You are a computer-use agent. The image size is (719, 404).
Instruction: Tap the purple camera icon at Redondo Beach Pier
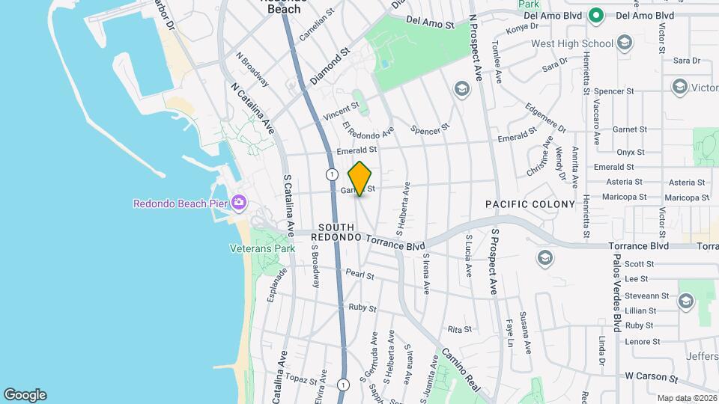click(x=239, y=202)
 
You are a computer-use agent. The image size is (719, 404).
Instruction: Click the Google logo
click(x=25, y=395)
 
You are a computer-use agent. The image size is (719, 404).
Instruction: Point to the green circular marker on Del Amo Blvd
click(x=596, y=15)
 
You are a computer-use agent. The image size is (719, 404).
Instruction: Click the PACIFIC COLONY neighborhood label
click(x=530, y=204)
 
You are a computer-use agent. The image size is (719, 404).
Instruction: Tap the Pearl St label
click(x=360, y=275)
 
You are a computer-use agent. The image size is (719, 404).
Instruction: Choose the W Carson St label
click(x=651, y=377)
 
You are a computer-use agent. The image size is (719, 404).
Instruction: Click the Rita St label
click(x=459, y=329)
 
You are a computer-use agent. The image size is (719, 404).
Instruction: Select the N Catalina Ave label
click(x=253, y=110)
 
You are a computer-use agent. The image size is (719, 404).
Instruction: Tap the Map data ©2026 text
click(x=686, y=398)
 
